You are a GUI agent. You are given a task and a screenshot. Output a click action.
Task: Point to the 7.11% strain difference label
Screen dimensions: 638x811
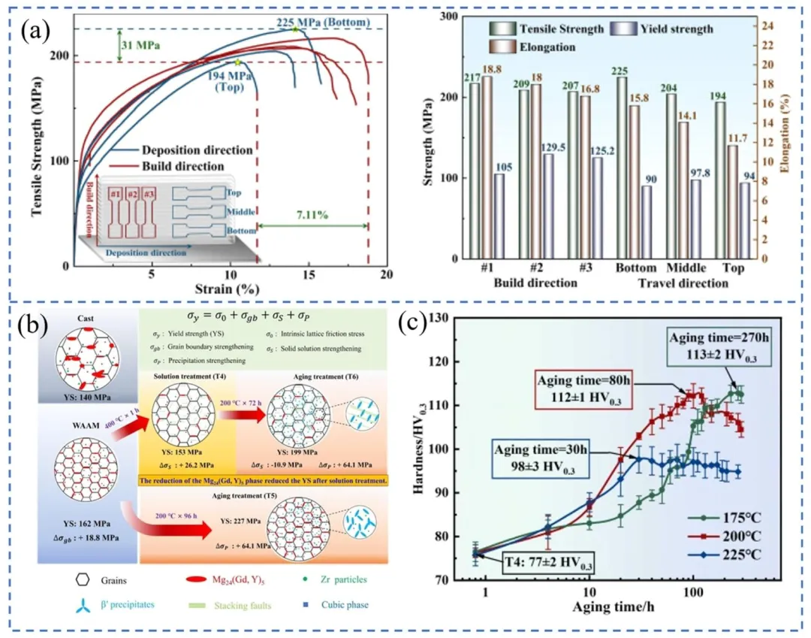tap(312, 214)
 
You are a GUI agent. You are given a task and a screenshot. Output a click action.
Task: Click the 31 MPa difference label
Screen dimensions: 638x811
tap(140, 45)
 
